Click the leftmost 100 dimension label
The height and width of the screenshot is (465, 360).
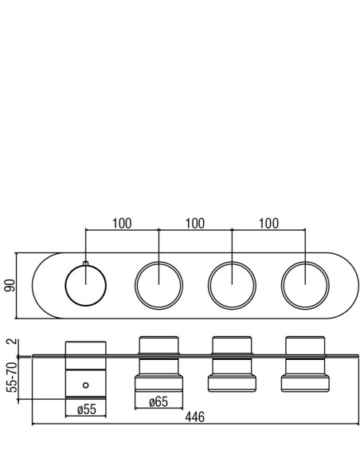point(122,224)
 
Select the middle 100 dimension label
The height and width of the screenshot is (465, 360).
point(195,224)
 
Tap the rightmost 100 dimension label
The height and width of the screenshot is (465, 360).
point(268,224)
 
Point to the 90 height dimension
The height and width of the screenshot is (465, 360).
point(10,285)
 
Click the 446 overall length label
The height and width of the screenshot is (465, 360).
point(195,417)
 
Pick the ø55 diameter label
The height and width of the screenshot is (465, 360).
point(87,409)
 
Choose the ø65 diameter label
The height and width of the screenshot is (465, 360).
point(158,402)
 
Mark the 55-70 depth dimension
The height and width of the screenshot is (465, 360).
point(12,377)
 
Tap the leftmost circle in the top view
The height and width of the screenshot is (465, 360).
point(65,286)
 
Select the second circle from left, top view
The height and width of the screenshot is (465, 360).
point(135,286)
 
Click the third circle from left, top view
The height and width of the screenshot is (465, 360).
point(208,286)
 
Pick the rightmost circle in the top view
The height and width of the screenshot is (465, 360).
point(281,286)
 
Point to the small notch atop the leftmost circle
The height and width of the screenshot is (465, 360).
point(86,264)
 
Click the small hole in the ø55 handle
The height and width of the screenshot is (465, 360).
point(86,385)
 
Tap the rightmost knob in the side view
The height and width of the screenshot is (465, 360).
point(305,364)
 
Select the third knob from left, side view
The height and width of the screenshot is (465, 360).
point(232,364)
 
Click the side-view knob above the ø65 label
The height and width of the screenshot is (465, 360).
point(158,364)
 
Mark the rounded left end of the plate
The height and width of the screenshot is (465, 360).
point(33,286)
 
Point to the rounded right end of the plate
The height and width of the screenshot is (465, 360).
point(358,286)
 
